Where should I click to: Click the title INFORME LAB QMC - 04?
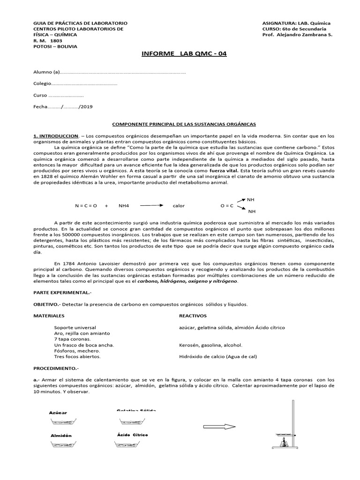tap(184, 53)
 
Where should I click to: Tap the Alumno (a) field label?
tap(47, 72)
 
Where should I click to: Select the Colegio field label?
tap(41, 83)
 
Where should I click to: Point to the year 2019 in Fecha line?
tap(87, 107)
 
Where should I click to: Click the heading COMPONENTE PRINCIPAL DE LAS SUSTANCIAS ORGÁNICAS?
tap(183, 124)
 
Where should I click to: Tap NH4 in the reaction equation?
tap(124, 206)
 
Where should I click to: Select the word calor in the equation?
tap(179, 206)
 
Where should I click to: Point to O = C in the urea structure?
tap(227, 206)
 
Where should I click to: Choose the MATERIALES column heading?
tap(49, 316)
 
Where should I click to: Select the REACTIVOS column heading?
tap(193, 316)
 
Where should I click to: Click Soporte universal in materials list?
tap(75, 327)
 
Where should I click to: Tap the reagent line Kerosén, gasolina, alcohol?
tap(210, 345)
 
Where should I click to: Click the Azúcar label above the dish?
tap(58, 413)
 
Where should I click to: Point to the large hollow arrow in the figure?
tap(220, 426)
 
